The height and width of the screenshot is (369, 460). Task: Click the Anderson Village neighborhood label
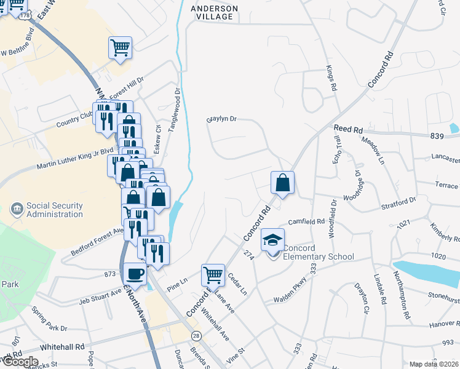213,12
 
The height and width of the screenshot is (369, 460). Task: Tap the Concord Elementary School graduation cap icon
272,240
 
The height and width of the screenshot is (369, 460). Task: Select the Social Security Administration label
54,210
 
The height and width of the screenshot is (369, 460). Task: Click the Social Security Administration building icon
17,210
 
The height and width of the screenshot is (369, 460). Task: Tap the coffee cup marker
135,274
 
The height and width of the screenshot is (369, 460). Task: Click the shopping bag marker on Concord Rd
282,182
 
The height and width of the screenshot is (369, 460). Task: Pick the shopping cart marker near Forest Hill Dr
120,47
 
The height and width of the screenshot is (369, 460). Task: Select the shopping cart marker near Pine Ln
213,274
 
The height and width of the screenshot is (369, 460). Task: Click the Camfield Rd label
307,221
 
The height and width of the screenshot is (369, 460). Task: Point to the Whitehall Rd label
62,347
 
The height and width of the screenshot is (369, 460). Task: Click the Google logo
20,362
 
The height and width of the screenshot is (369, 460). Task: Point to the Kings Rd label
331,79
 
